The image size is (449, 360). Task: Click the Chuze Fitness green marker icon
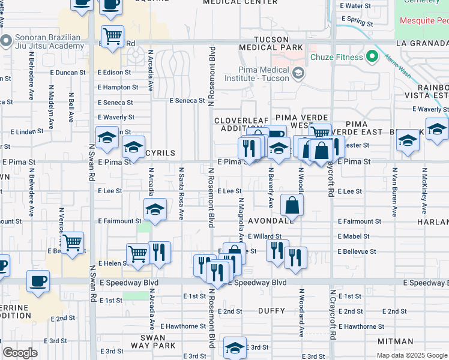coord(372,58)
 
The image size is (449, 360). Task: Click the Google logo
coord(20,352)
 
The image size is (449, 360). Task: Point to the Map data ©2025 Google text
coord(411,355)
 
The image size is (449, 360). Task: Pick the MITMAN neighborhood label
coord(396,341)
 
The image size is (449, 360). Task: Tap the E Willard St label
coord(264,236)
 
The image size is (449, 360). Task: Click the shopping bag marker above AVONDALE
coord(291,205)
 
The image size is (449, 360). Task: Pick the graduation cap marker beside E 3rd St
coord(235,347)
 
